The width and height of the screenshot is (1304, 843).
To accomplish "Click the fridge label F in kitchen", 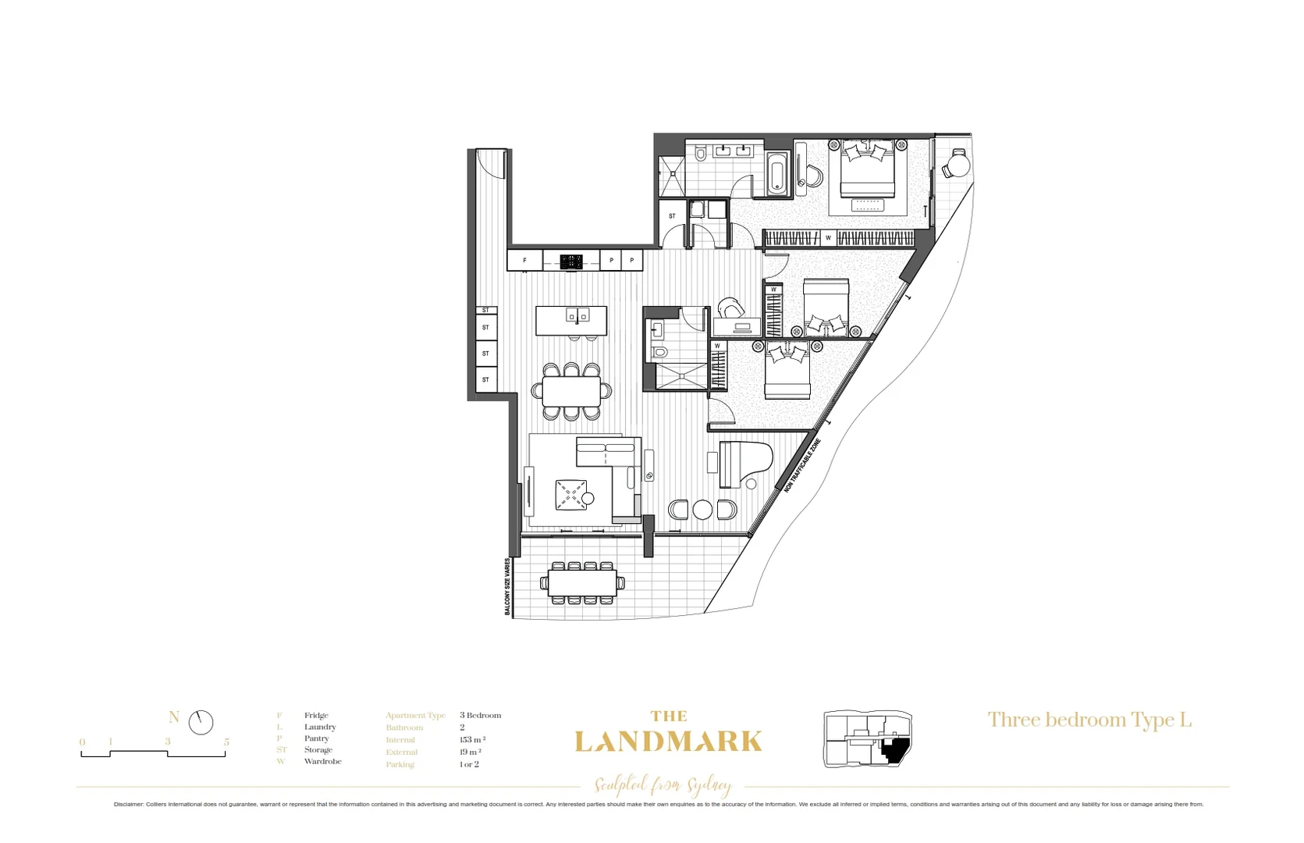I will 524,261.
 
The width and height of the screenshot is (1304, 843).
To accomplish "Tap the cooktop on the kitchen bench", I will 571,261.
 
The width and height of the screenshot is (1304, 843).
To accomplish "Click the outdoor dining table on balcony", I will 582,582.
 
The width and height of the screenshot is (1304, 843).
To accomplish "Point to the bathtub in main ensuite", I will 776,173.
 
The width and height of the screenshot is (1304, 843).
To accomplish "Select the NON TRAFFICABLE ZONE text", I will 803,465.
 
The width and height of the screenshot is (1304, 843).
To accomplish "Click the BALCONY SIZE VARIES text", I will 507,586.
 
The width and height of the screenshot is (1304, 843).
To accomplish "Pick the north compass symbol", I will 201,722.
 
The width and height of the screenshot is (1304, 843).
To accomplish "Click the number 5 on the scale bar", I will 226,742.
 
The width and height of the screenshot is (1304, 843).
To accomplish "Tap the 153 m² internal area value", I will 472,740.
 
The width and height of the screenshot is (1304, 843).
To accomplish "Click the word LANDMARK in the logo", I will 668,742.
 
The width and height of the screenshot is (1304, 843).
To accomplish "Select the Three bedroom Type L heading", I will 1089,720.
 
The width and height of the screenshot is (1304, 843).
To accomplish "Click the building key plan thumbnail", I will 868,738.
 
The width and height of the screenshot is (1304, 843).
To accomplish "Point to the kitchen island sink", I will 577,315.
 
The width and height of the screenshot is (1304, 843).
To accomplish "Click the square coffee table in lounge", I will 570,495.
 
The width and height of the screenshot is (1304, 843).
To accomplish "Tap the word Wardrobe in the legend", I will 322,761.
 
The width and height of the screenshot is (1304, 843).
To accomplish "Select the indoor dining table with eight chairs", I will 571,391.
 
